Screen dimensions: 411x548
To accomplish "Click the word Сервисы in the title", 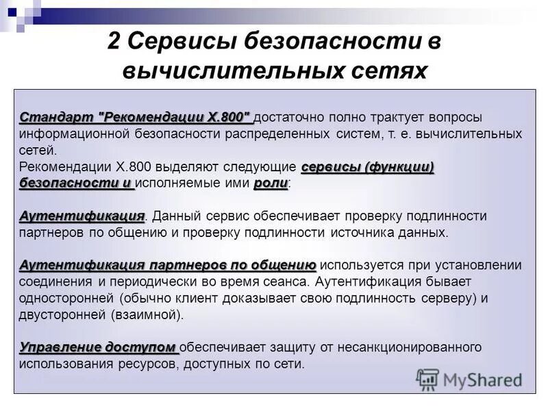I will click(x=180, y=41).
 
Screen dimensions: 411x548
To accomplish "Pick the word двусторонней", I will click(x=62, y=315).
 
